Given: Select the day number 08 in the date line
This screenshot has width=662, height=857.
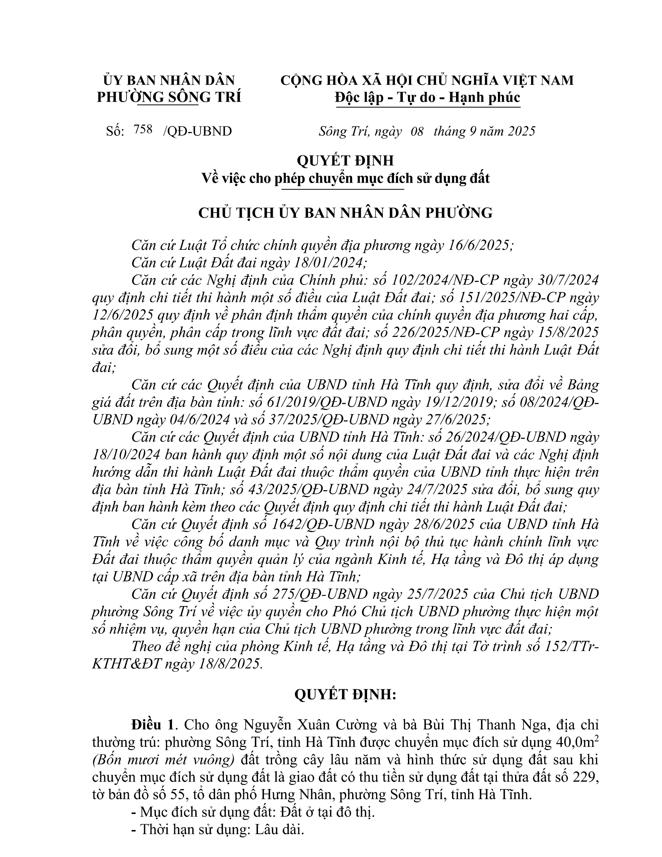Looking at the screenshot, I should [x=417, y=131].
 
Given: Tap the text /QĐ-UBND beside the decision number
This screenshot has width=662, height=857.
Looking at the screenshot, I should [x=197, y=131].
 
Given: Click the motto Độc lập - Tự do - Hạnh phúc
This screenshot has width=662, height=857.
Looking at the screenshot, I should [x=428, y=97].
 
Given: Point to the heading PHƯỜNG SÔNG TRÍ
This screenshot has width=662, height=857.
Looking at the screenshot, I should [x=169, y=97].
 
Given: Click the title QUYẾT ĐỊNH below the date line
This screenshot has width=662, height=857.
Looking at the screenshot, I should [x=345, y=160].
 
